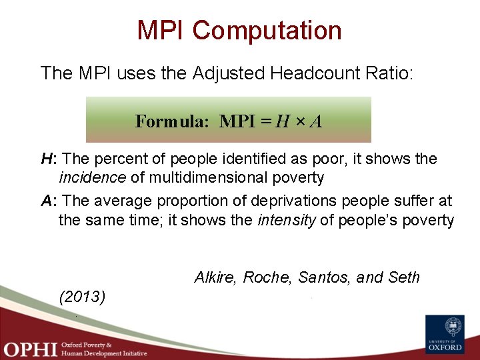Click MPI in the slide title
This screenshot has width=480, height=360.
tap(162, 31)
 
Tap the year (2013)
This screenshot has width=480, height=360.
tap(82, 296)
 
